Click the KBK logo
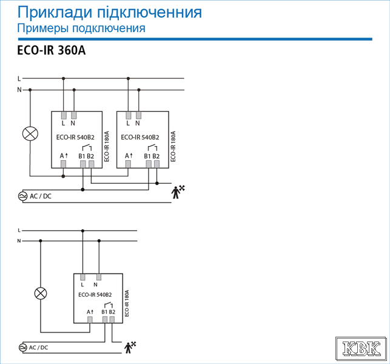coord(361,348)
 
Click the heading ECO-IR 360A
coord(51,50)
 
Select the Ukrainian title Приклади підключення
coord(109,12)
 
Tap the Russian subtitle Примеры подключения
coord(81,28)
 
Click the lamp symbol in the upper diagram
coord(30,133)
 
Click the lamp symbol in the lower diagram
coord(41,294)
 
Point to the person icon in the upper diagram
coord(178,192)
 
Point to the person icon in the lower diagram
coord(130,348)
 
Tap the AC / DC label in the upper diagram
coord(41,197)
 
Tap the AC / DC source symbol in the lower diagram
coord(22,348)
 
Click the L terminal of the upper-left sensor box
coord(64,115)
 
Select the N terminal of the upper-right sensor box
coord(138,115)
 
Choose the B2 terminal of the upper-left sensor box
coord(91,164)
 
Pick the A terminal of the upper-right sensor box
coord(128,164)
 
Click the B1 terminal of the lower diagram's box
coord(105,320)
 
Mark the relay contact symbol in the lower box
coord(109,305)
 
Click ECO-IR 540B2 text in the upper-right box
coord(140,137)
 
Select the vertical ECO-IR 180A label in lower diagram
coord(127,303)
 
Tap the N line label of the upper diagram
coord(19,90)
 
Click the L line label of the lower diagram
coord(19,231)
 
